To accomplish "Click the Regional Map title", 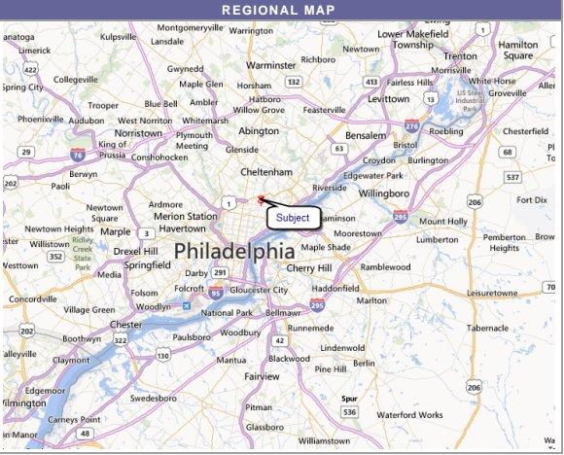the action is pos(278,11).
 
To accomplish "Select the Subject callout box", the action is pos(293,218).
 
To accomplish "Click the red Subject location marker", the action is pos(261,199).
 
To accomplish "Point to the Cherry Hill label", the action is pos(308,267).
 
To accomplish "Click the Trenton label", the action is pos(459,56).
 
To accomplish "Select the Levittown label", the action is pos(389,99).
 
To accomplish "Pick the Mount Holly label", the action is pos(443,222).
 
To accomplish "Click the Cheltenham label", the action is pos(267,171).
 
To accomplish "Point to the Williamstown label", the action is pos(324,441).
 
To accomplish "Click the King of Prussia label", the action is pos(113,149).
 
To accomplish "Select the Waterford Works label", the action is pos(408,414).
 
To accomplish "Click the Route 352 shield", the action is pos(57,257).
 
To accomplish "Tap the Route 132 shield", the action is pos(293,83).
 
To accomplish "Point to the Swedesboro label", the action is pos(153,398).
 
